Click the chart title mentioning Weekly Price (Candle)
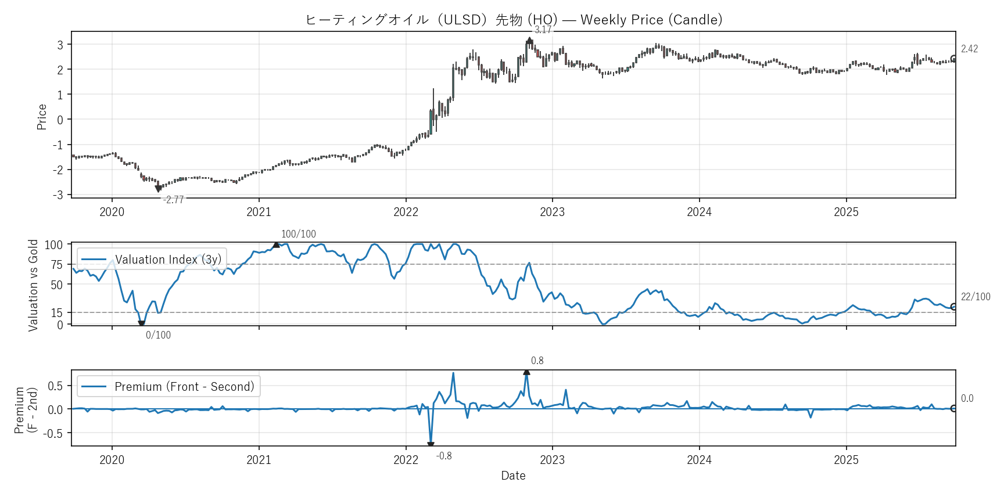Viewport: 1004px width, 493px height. click(x=514, y=20)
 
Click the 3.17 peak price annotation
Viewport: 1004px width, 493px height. click(x=543, y=30)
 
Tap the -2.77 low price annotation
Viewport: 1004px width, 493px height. click(x=173, y=200)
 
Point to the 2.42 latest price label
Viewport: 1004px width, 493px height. click(x=969, y=49)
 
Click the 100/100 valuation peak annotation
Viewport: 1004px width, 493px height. click(x=299, y=234)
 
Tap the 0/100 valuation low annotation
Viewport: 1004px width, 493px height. click(x=158, y=335)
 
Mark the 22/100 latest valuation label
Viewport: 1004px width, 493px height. click(x=976, y=297)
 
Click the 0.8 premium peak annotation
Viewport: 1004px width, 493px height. click(x=537, y=361)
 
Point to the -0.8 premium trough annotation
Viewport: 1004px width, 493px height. click(x=444, y=456)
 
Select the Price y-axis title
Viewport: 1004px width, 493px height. click(x=42, y=117)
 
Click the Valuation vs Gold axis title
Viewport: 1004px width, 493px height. click(x=33, y=285)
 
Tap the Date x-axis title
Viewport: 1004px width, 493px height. click(x=513, y=476)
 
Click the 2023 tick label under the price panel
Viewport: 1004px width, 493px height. click(x=552, y=212)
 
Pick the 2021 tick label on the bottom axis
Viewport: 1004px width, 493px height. click(x=259, y=460)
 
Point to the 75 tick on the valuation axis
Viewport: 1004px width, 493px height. click(x=56, y=265)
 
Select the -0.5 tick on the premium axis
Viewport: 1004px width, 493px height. click(x=55, y=433)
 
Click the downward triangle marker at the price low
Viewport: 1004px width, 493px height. click(x=158, y=189)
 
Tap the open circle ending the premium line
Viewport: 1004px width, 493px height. click(x=954, y=409)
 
